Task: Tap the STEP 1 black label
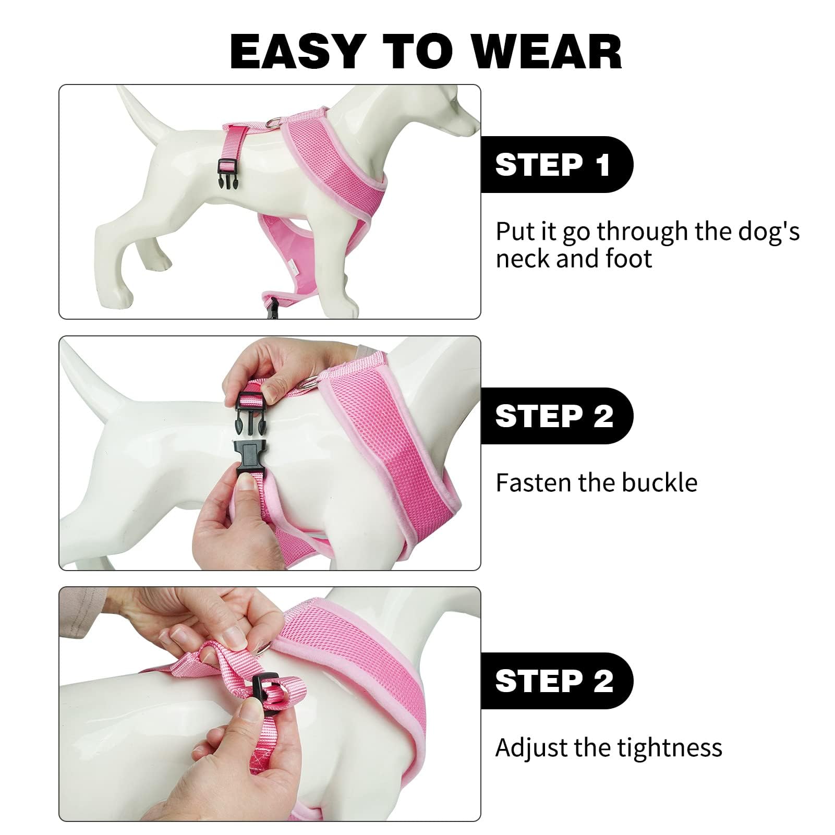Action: click(x=553, y=165)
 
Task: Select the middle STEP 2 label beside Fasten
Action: click(x=554, y=416)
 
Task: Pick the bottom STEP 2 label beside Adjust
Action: click(x=554, y=681)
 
